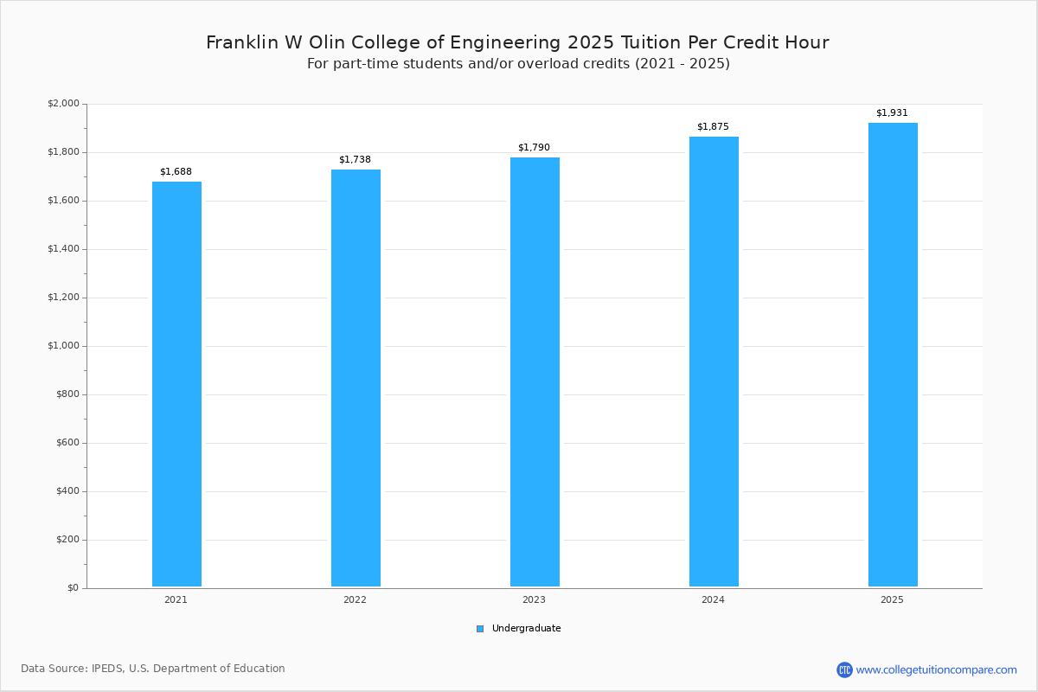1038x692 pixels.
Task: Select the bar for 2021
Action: click(176, 384)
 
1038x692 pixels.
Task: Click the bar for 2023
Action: click(535, 372)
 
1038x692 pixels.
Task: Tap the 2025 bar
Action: click(893, 355)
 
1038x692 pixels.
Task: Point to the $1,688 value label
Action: click(176, 172)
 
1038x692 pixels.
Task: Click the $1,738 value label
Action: click(355, 160)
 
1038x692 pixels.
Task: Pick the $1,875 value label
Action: click(713, 127)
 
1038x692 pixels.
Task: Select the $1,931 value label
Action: click(892, 113)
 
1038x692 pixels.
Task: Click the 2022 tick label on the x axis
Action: click(355, 599)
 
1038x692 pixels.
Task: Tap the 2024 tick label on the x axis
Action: click(713, 599)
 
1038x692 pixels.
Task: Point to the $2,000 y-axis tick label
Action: click(63, 104)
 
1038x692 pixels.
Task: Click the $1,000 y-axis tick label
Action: click(63, 346)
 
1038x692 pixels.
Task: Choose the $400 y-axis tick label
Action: click(67, 491)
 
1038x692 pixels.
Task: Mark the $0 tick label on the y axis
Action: click(73, 588)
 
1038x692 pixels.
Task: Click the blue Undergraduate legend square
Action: click(480, 629)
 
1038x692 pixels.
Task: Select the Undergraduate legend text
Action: click(526, 629)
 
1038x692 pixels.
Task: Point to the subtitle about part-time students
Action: click(518, 64)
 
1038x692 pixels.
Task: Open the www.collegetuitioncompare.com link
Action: click(936, 670)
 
